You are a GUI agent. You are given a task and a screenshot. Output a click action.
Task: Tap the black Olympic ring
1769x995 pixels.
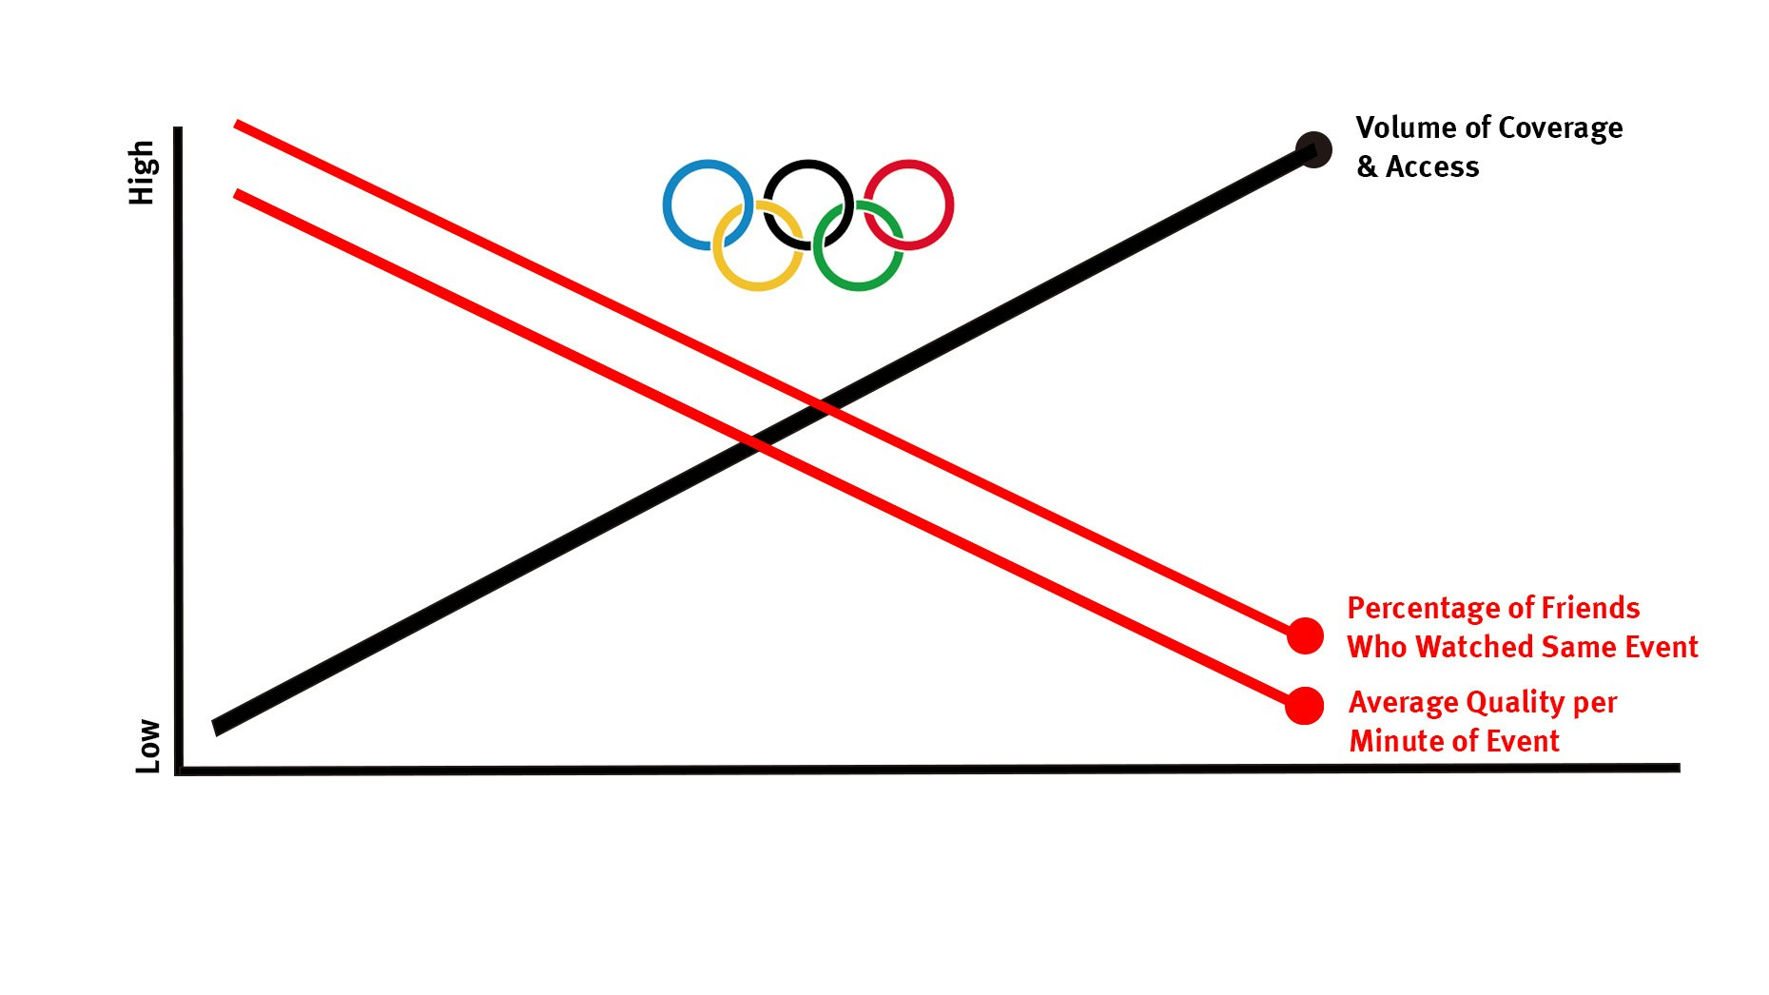click(x=808, y=164)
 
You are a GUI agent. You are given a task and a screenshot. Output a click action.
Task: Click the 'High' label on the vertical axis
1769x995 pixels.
click(x=142, y=172)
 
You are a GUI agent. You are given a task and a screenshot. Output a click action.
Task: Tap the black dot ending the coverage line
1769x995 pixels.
click(x=1313, y=149)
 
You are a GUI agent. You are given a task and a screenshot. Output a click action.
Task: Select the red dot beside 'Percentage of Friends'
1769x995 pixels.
click(x=1305, y=635)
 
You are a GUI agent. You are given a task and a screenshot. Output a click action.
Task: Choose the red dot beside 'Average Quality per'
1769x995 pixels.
click(x=1304, y=706)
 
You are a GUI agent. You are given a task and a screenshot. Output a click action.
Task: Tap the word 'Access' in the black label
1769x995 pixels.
click(x=1432, y=167)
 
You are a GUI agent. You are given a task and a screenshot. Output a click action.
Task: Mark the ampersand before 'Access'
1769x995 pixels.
click(x=1367, y=167)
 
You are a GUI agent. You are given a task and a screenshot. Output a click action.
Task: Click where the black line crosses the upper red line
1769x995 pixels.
click(x=824, y=406)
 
